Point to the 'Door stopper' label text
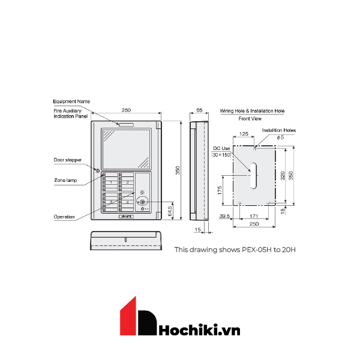67,160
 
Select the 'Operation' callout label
64,216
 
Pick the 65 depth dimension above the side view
199,111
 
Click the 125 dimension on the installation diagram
244,134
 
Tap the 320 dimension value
283,175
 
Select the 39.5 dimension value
224,216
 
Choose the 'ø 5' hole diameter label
280,137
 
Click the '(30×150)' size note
221,155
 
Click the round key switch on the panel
143,202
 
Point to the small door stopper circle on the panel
96,169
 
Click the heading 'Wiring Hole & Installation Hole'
252,111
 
